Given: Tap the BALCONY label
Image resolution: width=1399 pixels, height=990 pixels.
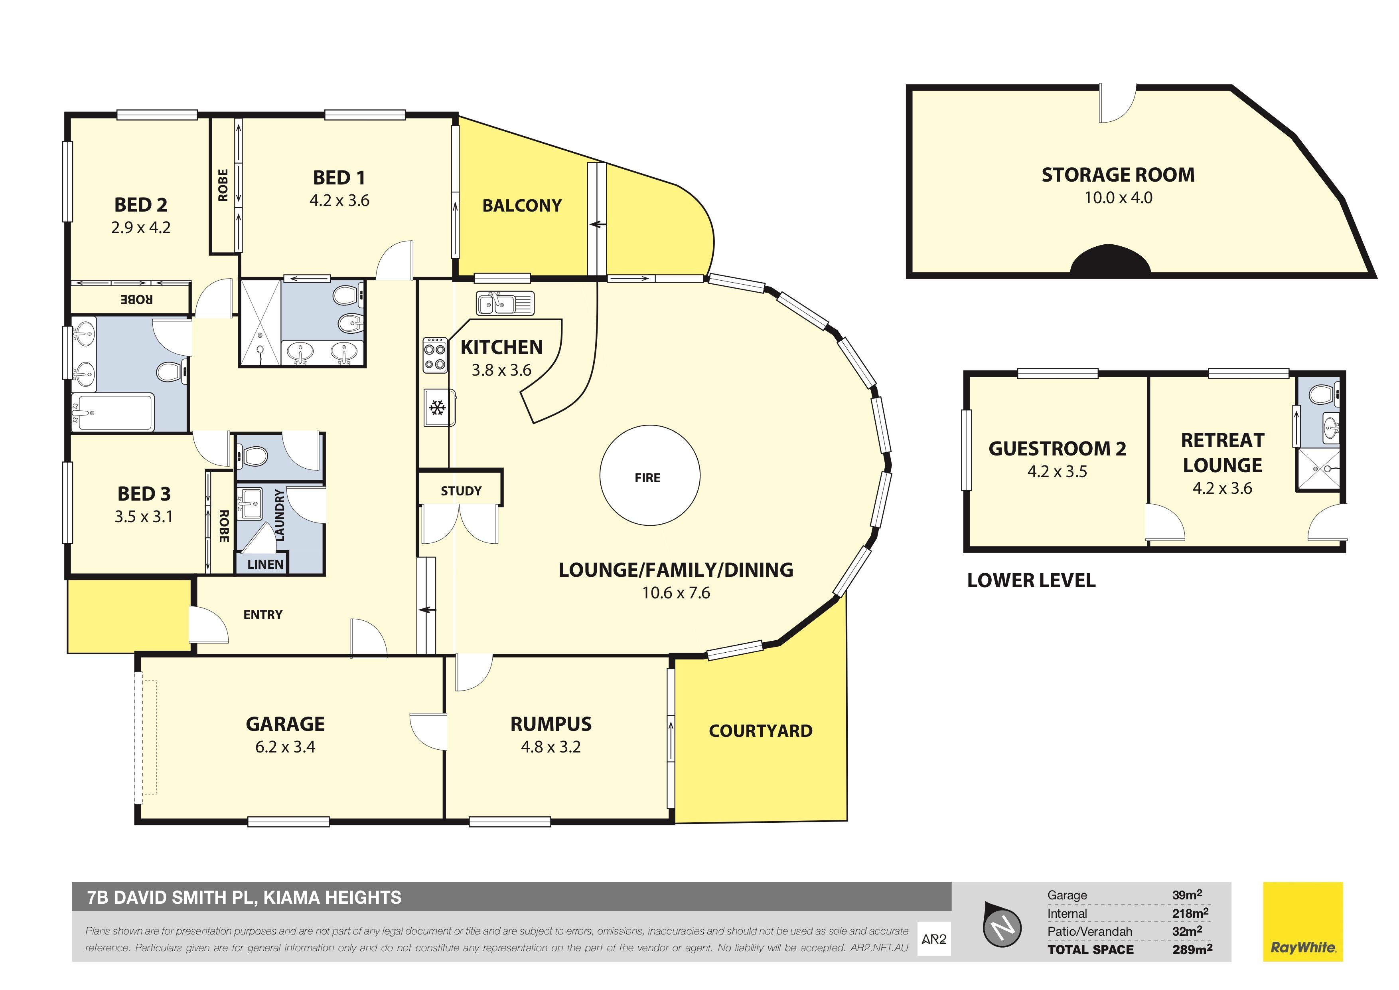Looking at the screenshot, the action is click(x=522, y=206).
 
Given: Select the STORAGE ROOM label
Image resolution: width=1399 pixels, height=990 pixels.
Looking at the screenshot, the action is click(x=1118, y=175).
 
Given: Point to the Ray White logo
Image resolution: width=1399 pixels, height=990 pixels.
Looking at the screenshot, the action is click(x=1303, y=922).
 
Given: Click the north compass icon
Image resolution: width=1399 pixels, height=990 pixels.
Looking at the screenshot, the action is click(x=1003, y=925).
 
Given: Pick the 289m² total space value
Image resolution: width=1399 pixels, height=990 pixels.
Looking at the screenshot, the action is click(x=1192, y=949).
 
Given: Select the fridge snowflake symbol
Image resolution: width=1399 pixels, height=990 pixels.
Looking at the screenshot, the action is click(x=436, y=407).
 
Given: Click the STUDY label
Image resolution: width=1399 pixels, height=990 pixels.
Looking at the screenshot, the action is click(x=461, y=491).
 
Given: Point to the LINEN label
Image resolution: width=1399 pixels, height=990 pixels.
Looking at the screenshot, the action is click(x=266, y=564).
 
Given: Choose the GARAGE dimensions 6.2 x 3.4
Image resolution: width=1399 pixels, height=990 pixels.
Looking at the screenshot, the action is click(x=285, y=747).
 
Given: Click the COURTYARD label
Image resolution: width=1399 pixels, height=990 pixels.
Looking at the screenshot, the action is click(x=760, y=731).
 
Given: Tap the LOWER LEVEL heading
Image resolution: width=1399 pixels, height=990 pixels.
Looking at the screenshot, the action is click(x=1031, y=580).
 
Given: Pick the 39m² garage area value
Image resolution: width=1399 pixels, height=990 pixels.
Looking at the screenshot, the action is click(x=1187, y=895).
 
